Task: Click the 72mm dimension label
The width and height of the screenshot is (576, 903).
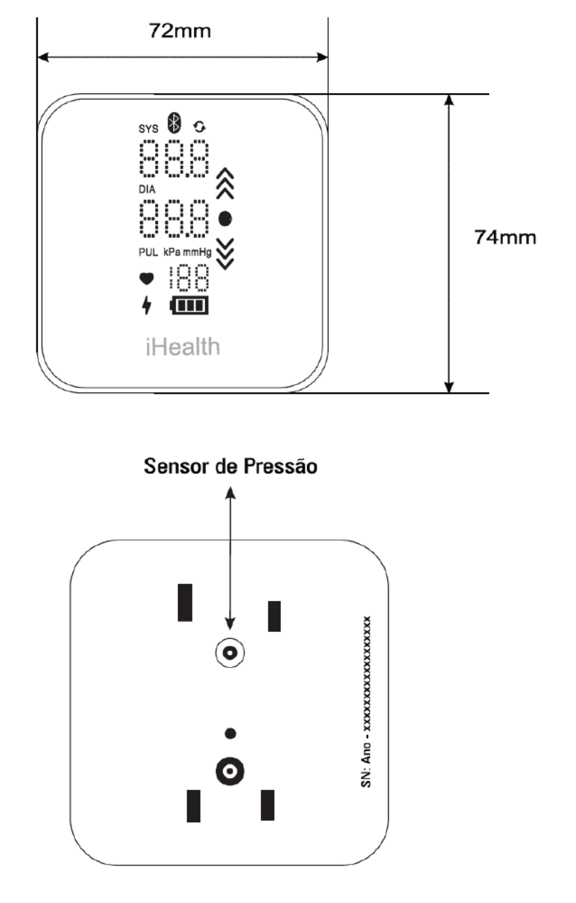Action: tap(180, 31)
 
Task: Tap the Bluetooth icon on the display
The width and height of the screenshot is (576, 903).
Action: tap(174, 123)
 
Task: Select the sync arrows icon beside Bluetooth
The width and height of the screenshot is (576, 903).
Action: tap(199, 127)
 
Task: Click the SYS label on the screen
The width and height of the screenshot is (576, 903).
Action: tap(148, 128)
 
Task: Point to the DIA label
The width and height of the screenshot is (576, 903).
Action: tap(147, 189)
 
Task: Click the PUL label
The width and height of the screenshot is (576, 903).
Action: tap(148, 253)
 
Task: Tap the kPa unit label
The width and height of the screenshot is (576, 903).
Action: tap(172, 253)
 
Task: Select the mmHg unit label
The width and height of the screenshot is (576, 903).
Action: tap(197, 253)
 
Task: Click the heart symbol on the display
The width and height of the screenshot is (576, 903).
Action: tap(146, 279)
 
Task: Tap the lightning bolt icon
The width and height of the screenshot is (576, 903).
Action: tap(147, 305)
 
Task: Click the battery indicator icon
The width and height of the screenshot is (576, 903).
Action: tap(189, 305)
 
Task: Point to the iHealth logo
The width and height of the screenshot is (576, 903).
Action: tap(183, 347)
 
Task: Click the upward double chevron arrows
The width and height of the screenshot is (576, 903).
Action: tap(225, 184)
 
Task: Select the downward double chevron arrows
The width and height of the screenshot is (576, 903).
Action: tap(225, 254)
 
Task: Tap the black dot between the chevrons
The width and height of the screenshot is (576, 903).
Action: tap(225, 219)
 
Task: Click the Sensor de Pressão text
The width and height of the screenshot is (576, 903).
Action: tap(231, 467)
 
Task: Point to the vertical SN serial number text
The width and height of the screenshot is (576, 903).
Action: tap(366, 701)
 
